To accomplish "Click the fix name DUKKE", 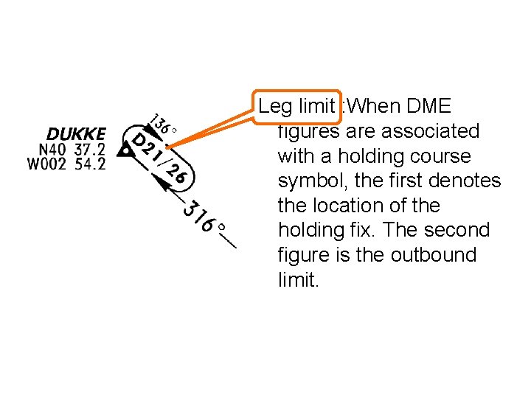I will [76, 135].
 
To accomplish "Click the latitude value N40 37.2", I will [67, 150].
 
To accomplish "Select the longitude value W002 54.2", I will [66, 164].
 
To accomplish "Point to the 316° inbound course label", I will [204, 215].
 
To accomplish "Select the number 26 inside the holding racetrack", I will [177, 174].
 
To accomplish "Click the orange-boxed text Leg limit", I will [297, 106].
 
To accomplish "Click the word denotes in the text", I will [469, 181].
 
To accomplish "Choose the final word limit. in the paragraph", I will [298, 280].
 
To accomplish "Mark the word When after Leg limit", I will [372, 106].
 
